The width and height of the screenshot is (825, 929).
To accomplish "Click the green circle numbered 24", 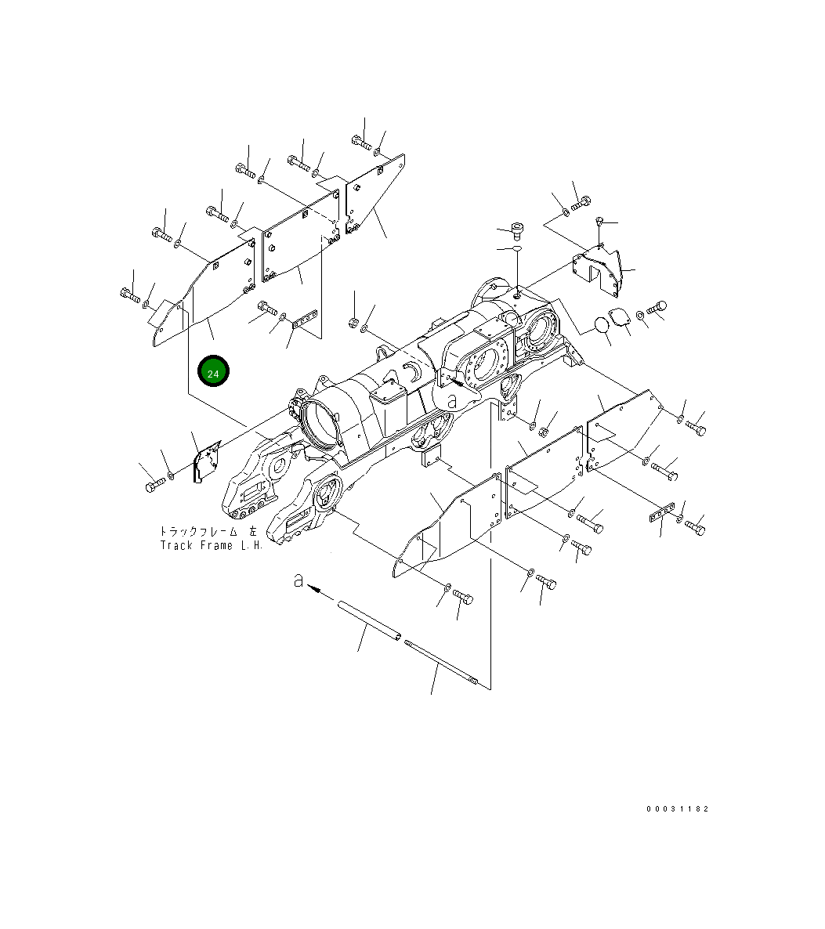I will tap(213, 372).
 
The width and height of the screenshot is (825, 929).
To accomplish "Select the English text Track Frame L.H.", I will tap(210, 545).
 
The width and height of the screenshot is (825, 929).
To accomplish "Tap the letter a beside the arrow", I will tap(297, 580).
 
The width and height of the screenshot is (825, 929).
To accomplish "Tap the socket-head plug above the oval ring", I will tap(515, 229).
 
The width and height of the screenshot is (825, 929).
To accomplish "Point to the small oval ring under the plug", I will tap(514, 249).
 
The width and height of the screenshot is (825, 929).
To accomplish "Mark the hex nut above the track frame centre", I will tap(353, 323).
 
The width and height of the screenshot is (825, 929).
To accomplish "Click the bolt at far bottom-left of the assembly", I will tap(152, 486).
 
